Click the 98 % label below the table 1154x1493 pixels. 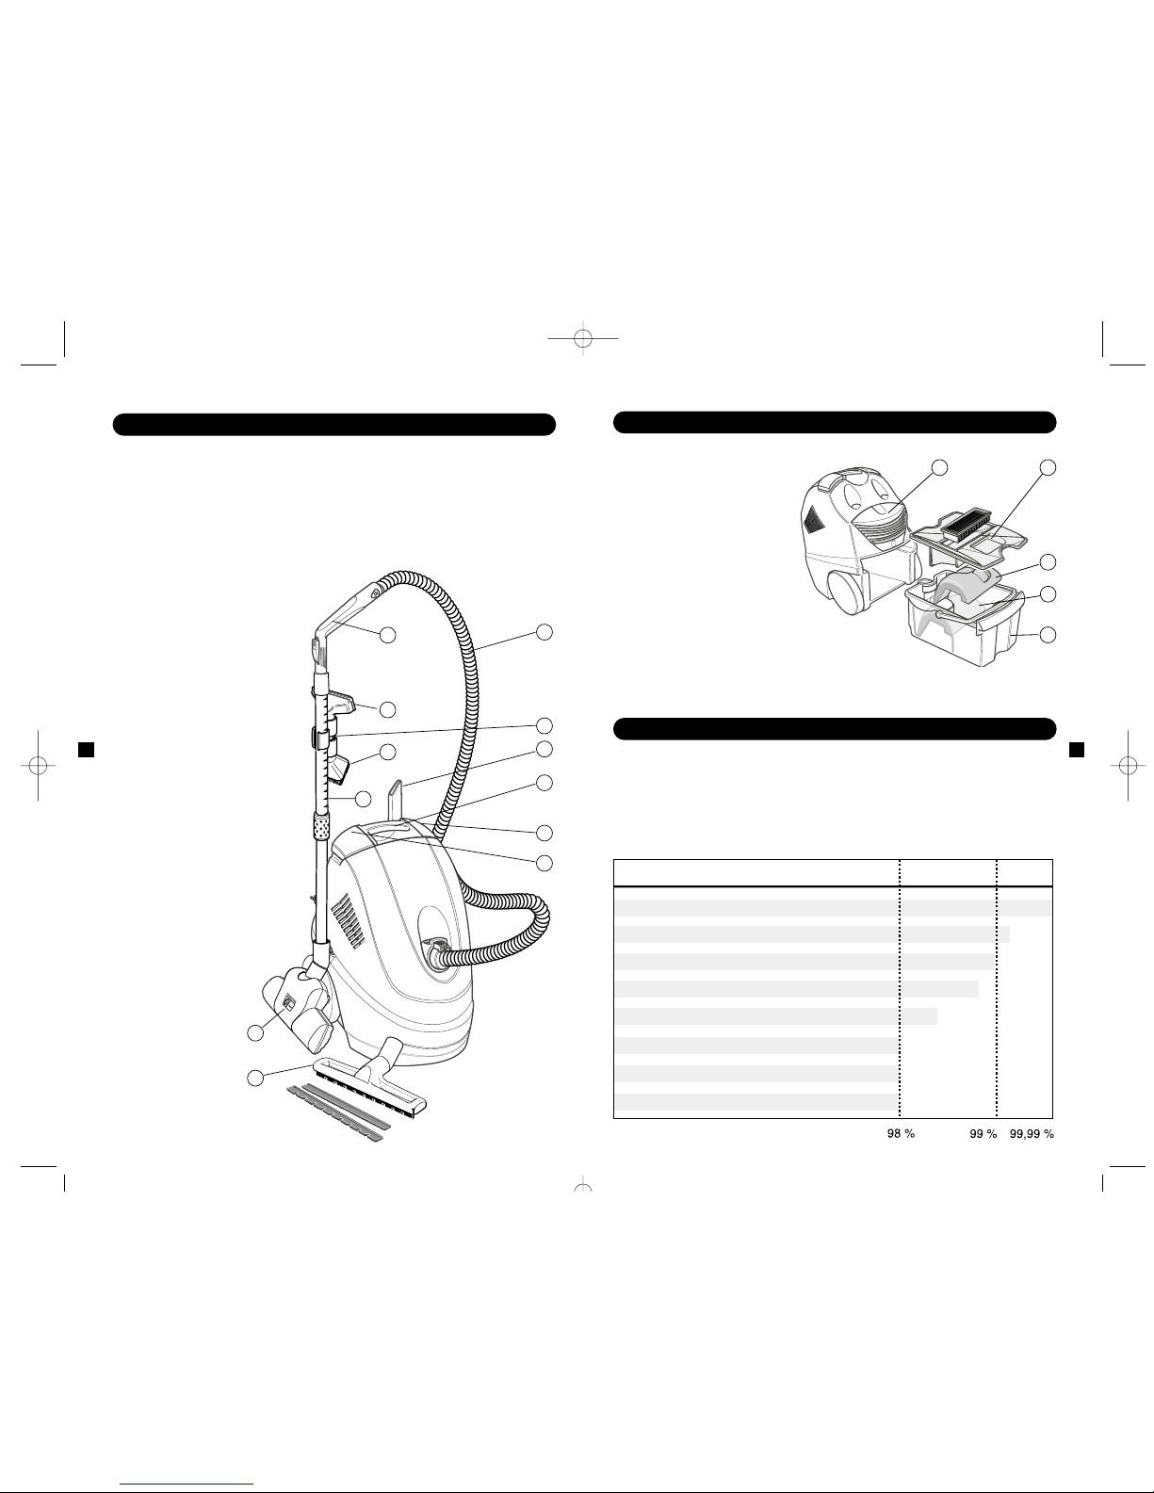coord(901,1134)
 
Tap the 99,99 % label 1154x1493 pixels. coord(1031,1134)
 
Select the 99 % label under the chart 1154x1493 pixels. coord(983,1134)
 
